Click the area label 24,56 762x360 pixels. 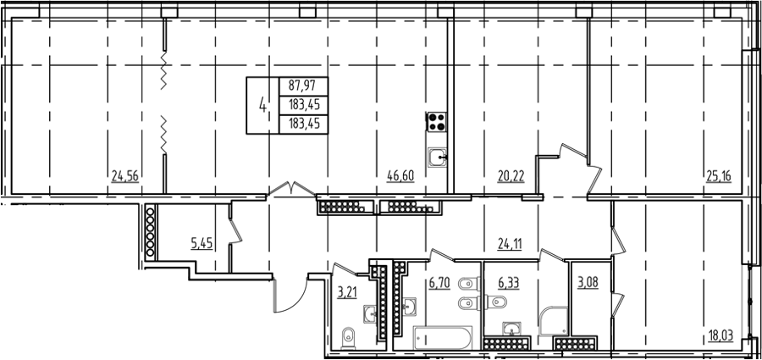pyautogui.click(x=125, y=176)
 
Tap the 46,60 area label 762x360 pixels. pyautogui.click(x=400, y=176)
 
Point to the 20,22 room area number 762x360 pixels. pyautogui.click(x=511, y=176)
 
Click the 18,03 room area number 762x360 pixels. pyautogui.click(x=721, y=335)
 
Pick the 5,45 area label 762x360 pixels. pyautogui.click(x=202, y=243)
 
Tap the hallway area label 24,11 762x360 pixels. pyautogui.click(x=509, y=244)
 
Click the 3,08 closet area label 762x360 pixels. pyautogui.click(x=587, y=283)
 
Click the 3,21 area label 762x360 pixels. pyautogui.click(x=347, y=292)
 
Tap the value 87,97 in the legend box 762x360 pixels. pyautogui.click(x=302, y=86)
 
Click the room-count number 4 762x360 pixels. pyautogui.click(x=263, y=104)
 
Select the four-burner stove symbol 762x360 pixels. pyautogui.click(x=436, y=122)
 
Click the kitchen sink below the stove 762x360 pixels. pyautogui.click(x=438, y=158)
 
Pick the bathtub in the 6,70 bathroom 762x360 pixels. pyautogui.click(x=443, y=338)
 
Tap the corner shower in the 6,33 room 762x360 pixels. pyautogui.click(x=554, y=321)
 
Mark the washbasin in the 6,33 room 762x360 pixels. pyautogui.click(x=511, y=330)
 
